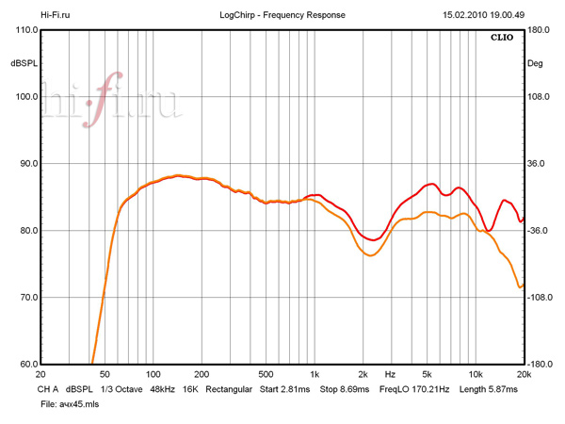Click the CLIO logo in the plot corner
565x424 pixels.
tap(503, 39)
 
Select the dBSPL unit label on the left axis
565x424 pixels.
tap(24, 63)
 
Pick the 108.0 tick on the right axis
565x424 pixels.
tap(540, 97)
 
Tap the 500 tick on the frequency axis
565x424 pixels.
tap(266, 374)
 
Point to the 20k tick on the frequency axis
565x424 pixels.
tap(524, 374)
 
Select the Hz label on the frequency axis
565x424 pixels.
tap(390, 374)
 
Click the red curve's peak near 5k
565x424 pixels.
tap(431, 184)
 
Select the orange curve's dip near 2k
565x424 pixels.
tap(370, 255)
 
